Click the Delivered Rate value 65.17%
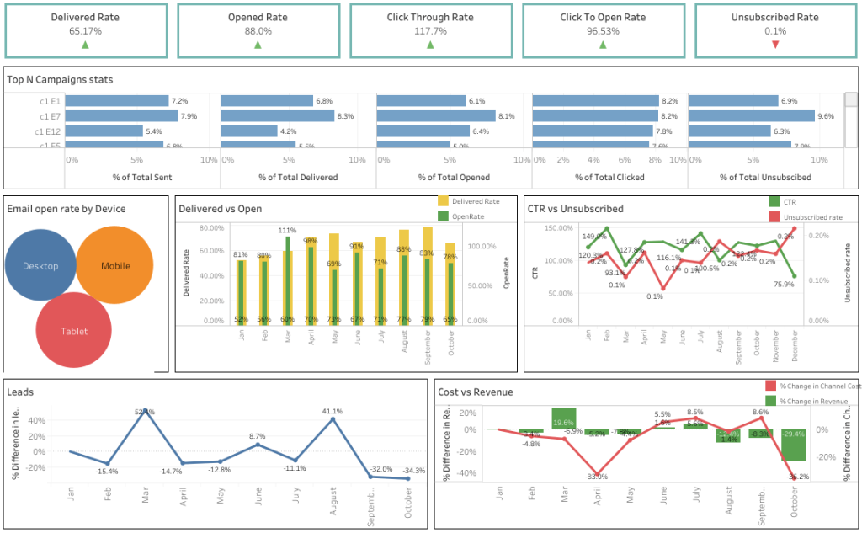(x=84, y=31)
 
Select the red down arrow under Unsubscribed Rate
(x=775, y=45)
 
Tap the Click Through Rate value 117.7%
(x=429, y=31)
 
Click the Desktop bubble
(x=40, y=266)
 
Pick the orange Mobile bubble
(x=115, y=266)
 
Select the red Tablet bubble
(x=74, y=331)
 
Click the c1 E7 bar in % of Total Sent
(x=121, y=116)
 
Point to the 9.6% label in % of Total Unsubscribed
(x=826, y=116)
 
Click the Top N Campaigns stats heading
(x=60, y=80)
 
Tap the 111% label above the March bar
(x=287, y=230)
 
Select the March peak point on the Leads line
(x=146, y=411)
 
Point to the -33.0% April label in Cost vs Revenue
(x=597, y=477)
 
